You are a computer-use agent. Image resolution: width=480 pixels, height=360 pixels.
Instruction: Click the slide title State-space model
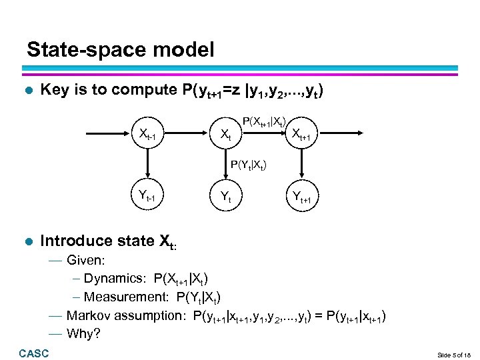121,49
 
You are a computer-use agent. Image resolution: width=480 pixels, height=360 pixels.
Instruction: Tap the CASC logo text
34,353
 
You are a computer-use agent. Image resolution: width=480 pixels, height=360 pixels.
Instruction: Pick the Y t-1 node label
146,195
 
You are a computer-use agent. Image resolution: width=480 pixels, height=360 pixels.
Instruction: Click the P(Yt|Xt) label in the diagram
251,163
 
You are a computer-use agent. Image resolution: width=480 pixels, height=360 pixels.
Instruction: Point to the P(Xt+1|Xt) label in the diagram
265,122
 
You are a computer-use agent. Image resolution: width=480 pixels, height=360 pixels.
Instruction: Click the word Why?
83,332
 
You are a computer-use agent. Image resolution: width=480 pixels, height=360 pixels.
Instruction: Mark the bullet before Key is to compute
27,90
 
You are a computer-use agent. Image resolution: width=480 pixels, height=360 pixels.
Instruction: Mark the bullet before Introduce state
27,241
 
